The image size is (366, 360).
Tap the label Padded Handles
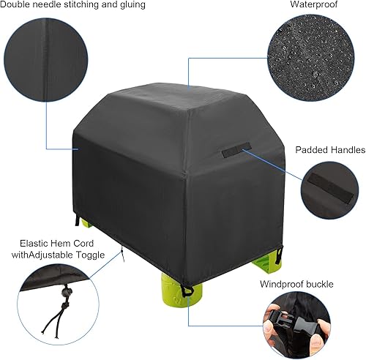click(330, 150)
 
